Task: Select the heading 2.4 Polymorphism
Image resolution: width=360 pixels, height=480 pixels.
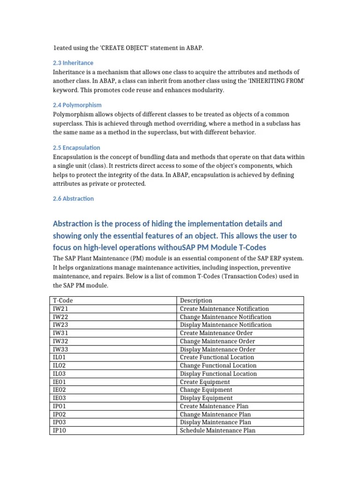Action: pos(77,105)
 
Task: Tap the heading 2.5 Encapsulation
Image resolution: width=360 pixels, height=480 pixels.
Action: pos(76,147)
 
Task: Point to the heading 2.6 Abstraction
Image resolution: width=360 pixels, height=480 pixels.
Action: pos(73,198)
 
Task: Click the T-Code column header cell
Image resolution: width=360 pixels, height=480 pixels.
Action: pos(63,300)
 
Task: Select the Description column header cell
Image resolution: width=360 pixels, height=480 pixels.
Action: pos(196,300)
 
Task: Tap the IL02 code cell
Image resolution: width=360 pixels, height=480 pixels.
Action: pos(60,366)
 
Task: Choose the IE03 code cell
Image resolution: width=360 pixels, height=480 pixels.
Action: pos(60,398)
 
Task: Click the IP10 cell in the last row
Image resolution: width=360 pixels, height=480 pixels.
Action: pos(60,430)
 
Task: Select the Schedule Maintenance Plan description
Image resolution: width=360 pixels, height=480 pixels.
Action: pos(217,430)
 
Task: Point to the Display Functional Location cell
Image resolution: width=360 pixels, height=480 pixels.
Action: pos(218,374)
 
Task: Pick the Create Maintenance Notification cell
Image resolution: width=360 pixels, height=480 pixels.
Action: pos(225,309)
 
